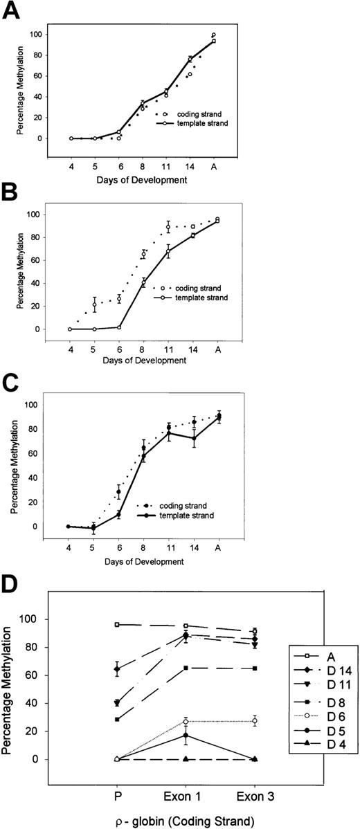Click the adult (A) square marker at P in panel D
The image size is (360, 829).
(117, 624)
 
